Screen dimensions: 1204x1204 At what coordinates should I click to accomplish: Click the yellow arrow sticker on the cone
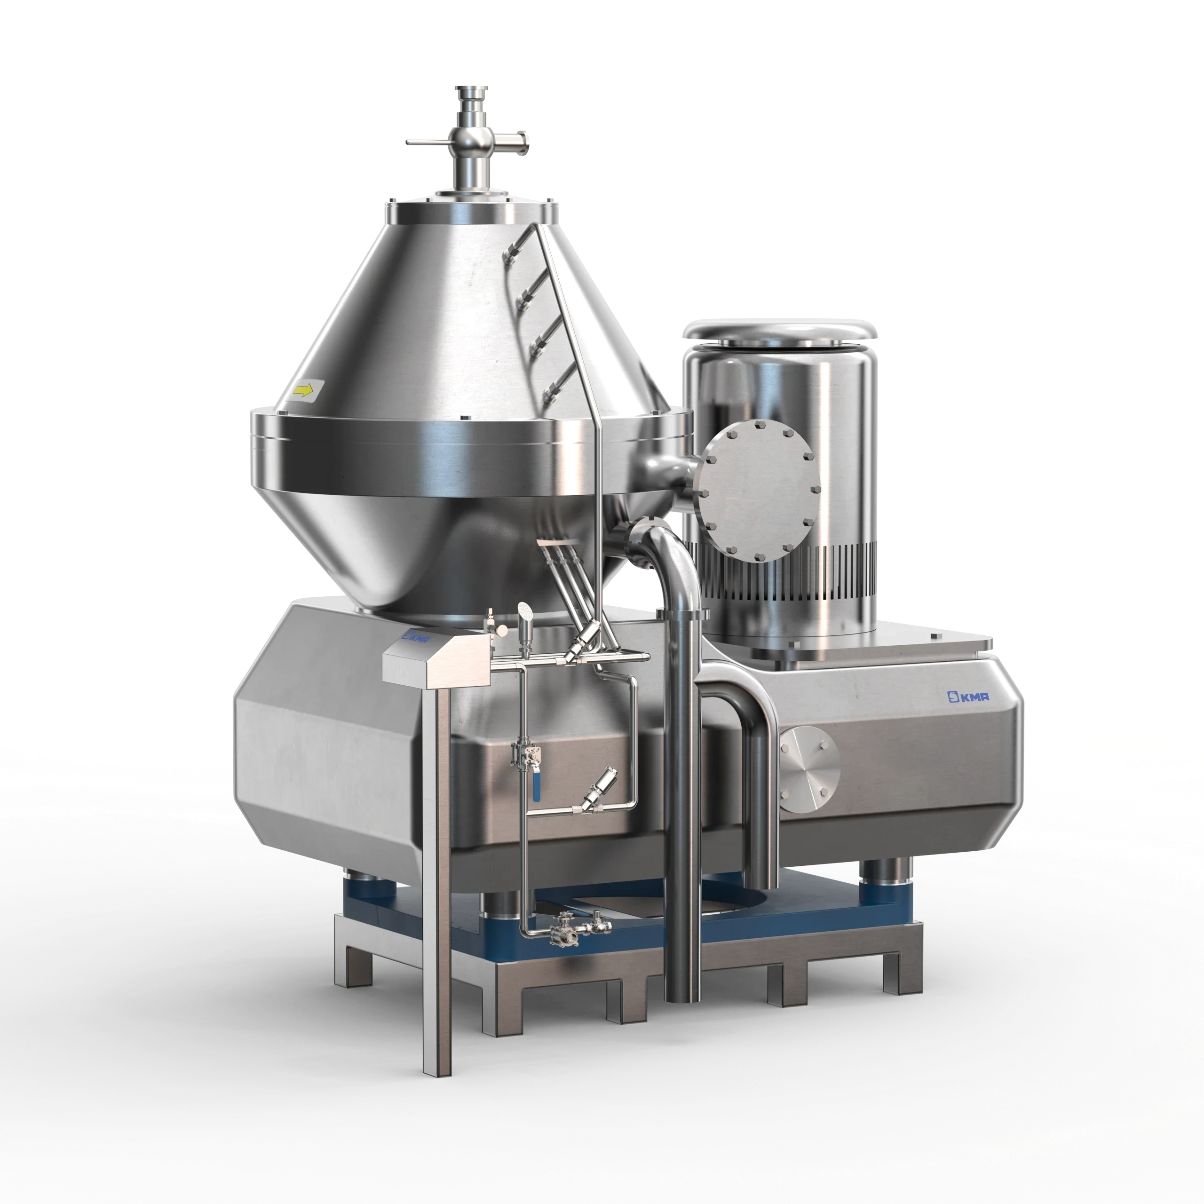pos(303,391)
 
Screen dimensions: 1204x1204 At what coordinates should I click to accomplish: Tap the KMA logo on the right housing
pos(968,696)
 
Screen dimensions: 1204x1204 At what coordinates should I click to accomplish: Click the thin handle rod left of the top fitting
pos(430,142)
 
